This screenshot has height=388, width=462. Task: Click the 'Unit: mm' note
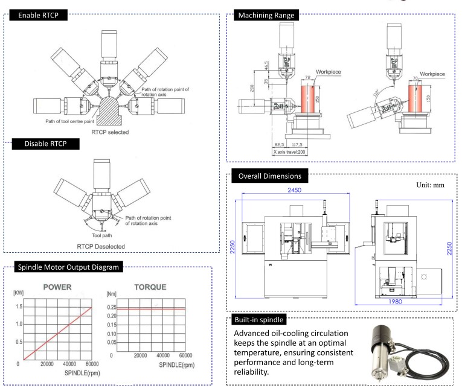pos(428,185)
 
